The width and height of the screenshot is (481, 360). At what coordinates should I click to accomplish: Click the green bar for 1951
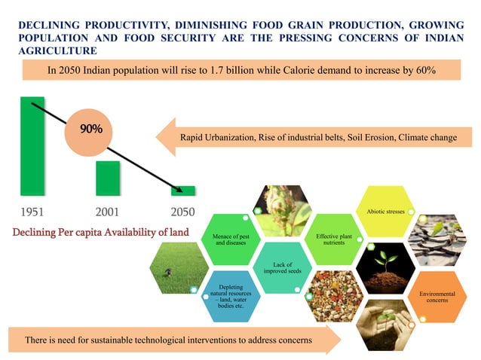(x=32, y=147)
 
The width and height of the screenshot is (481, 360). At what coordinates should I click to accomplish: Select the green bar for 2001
(x=108, y=178)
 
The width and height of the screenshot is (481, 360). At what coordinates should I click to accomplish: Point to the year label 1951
(x=32, y=212)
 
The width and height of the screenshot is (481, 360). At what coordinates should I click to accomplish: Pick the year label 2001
(x=108, y=212)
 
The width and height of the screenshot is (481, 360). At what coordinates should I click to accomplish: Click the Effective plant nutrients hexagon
(x=334, y=239)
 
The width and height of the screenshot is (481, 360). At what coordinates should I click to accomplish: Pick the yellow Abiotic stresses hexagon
(x=385, y=212)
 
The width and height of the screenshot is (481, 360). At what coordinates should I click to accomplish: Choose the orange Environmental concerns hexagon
(x=436, y=295)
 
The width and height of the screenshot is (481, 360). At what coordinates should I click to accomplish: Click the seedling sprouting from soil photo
(x=385, y=267)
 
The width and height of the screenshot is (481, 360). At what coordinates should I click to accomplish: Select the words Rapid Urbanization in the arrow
(x=218, y=137)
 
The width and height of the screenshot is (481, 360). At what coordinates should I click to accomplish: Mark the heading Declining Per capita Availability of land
(x=100, y=230)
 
